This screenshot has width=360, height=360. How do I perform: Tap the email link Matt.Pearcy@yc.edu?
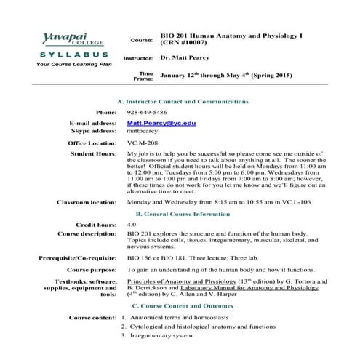[161, 124]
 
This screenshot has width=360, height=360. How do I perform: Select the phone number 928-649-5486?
[146, 113]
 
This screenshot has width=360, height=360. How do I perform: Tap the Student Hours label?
[93, 155]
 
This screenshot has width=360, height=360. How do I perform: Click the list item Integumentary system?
[161, 335]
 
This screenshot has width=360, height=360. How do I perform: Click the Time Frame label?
[145, 76]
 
